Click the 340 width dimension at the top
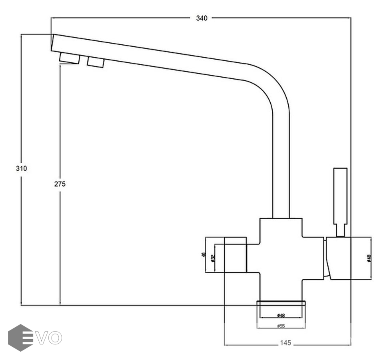201,18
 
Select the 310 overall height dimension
21,168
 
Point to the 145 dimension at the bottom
285,343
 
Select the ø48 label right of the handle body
369,258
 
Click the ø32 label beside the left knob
213,258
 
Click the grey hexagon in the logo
20,338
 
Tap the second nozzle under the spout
96,62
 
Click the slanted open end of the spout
53,42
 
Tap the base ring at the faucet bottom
281,304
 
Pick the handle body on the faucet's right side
338,258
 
